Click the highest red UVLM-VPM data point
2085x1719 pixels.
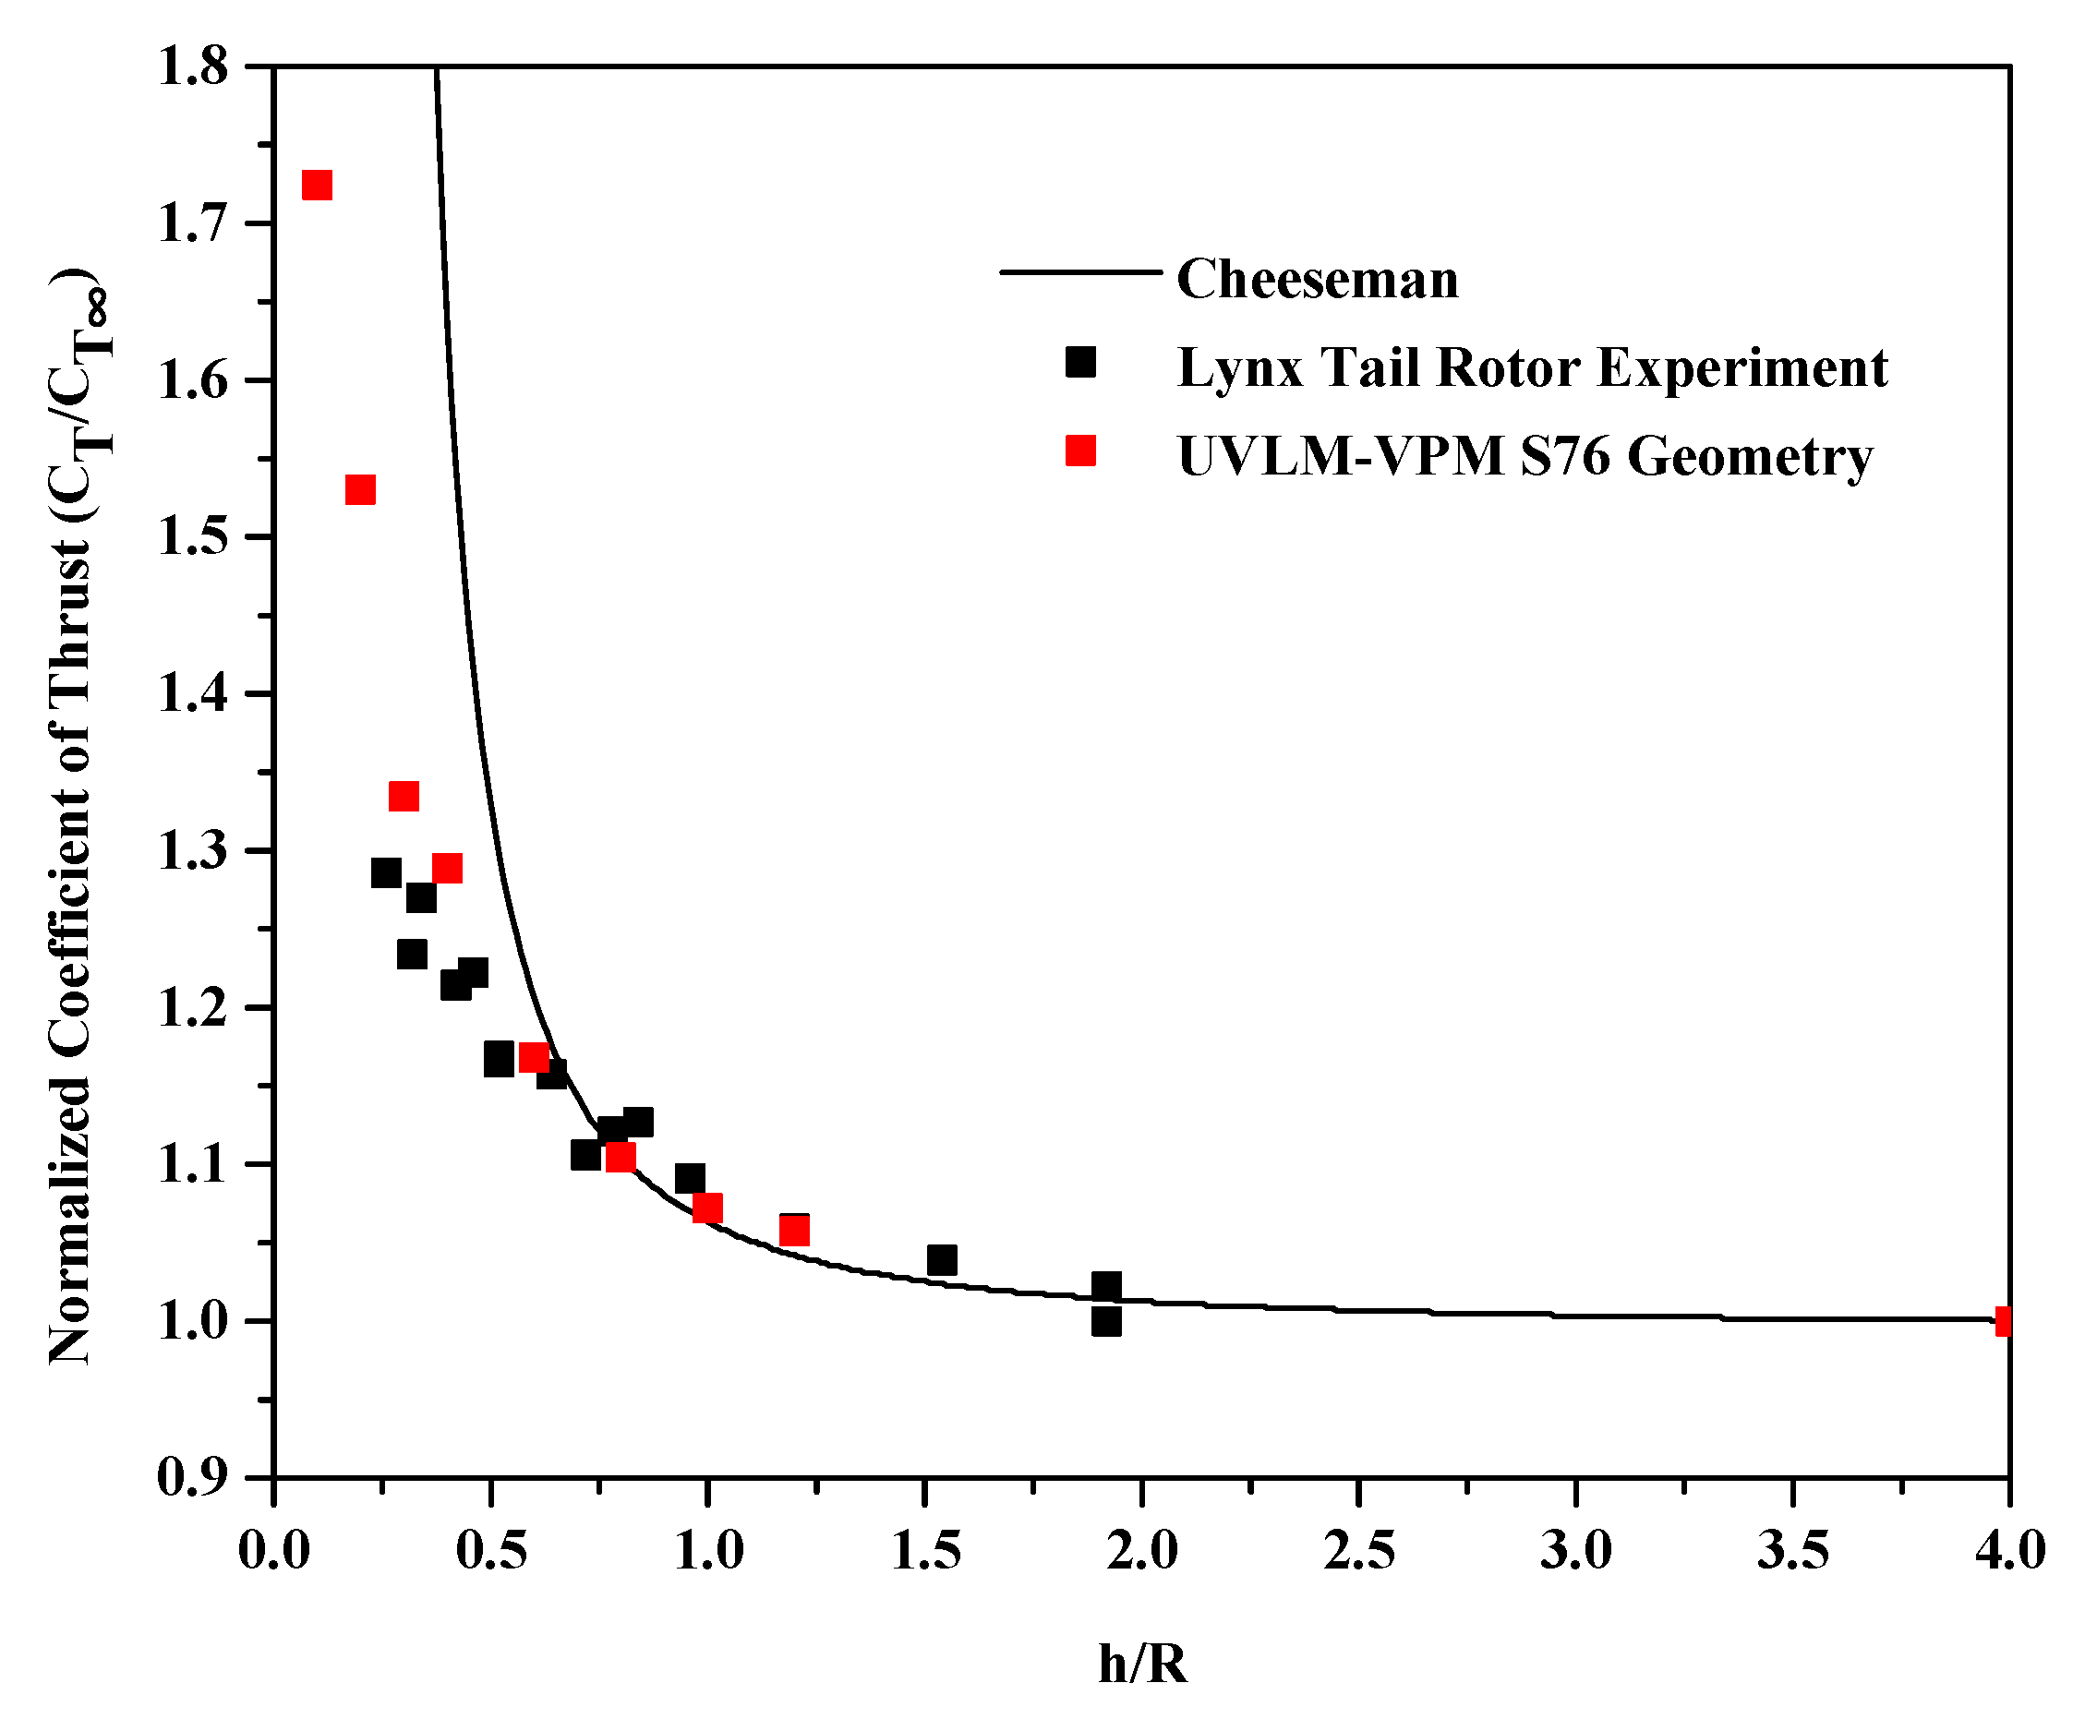[316, 186]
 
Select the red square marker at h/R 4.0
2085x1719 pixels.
[2003, 1321]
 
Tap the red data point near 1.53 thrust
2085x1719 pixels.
[360, 490]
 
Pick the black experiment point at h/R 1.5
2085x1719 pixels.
[942, 1260]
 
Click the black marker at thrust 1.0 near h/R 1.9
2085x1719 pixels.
[1106, 1322]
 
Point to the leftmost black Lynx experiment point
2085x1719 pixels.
[386, 873]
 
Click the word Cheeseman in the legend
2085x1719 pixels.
[1318, 279]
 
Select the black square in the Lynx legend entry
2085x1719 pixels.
[1080, 363]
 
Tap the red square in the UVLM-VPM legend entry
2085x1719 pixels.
[1080, 451]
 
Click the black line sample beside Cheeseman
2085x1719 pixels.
[1079, 271]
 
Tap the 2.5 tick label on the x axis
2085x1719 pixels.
[1359, 1551]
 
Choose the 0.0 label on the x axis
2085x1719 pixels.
[274, 1551]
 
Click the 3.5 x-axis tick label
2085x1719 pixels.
[1793, 1551]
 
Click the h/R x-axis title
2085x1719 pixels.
[1142, 1665]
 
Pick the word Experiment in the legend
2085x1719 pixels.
[1742, 368]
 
